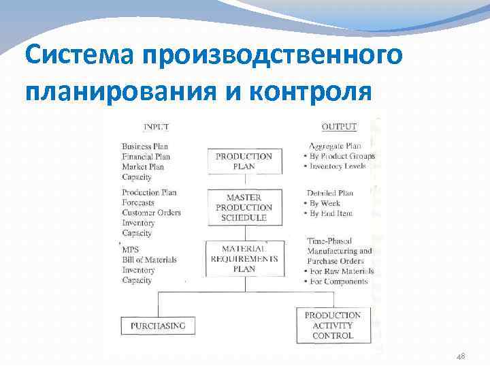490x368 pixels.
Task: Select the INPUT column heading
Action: tap(157, 127)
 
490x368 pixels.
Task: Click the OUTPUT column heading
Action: tap(338, 127)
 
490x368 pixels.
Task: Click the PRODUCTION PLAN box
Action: tap(244, 161)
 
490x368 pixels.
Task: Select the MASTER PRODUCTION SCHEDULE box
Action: tap(244, 207)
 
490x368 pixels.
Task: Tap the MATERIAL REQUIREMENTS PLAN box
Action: tap(244, 259)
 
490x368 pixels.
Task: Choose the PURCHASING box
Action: tap(158, 326)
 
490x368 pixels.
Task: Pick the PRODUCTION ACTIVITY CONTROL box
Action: tap(333, 325)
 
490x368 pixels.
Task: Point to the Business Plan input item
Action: tap(145, 147)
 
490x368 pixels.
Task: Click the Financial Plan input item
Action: tap(146, 157)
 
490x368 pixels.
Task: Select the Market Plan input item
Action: tap(143, 167)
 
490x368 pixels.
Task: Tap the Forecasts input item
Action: tap(138, 202)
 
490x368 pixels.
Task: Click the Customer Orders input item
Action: tap(151, 213)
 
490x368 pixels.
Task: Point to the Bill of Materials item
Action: tap(149, 260)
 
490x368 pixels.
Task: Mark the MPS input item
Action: tap(130, 249)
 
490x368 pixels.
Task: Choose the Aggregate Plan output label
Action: tap(334, 146)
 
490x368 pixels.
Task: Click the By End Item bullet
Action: tap(332, 213)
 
